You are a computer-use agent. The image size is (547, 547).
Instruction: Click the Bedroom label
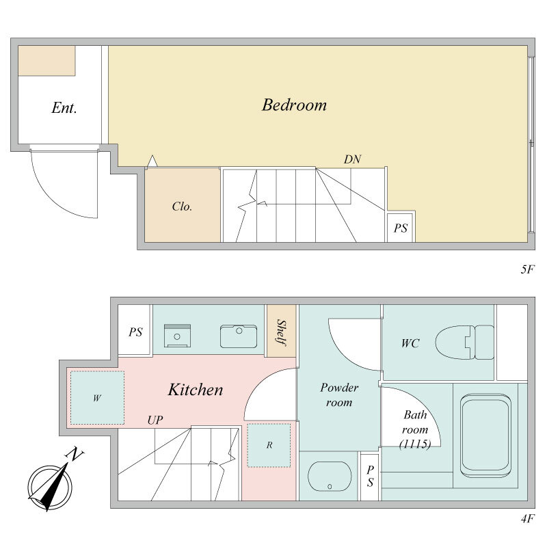(x=294, y=105)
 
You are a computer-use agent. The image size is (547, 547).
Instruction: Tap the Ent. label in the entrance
(x=64, y=108)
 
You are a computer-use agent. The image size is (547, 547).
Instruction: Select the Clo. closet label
(x=182, y=206)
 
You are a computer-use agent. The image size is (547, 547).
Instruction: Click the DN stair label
(x=352, y=159)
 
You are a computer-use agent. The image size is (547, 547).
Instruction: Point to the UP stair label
(x=155, y=420)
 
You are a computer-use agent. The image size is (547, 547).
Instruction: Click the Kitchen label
(x=196, y=390)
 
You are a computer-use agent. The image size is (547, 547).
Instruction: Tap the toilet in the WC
(x=465, y=343)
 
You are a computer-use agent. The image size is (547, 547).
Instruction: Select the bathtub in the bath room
(x=485, y=436)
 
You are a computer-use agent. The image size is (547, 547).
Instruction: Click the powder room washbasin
(x=330, y=476)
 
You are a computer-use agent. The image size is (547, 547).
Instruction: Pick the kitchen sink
(x=239, y=336)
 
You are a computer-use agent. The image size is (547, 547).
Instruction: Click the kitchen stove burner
(x=177, y=336)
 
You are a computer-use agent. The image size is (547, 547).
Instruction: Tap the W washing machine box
(x=97, y=398)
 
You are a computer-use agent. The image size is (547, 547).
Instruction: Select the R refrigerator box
(x=269, y=445)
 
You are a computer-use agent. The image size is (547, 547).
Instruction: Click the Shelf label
(x=282, y=332)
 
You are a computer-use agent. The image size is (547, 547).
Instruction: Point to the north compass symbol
(x=53, y=481)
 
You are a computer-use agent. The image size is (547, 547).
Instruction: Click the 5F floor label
(x=527, y=269)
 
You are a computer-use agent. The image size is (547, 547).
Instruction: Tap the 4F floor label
(x=527, y=519)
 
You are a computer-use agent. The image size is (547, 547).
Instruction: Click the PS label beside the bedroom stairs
(x=401, y=228)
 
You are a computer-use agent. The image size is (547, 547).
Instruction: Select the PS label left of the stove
(x=135, y=332)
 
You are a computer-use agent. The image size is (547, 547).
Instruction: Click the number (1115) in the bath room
(x=415, y=444)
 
